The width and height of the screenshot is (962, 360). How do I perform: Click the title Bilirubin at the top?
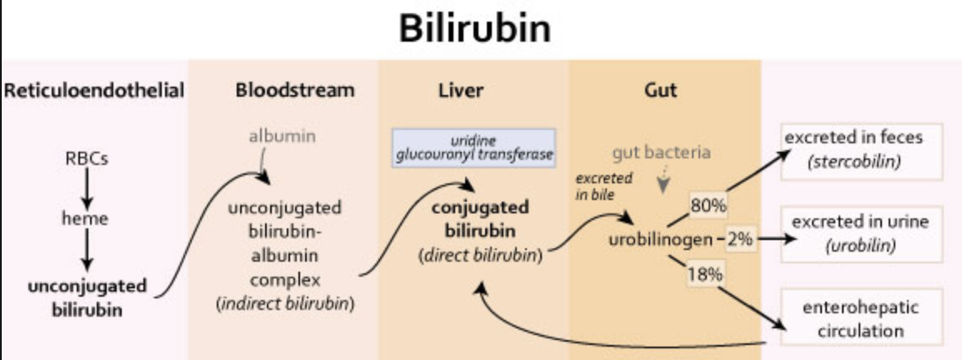pyautogui.click(x=475, y=28)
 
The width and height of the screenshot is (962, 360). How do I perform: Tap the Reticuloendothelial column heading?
pyautogui.click(x=94, y=90)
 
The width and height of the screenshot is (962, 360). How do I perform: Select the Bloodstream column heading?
pyautogui.click(x=283, y=90)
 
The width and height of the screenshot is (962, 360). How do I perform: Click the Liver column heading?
pyautogui.click(x=462, y=90)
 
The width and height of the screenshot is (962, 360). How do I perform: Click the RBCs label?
pyautogui.click(x=87, y=159)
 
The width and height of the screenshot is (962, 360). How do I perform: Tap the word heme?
pyautogui.click(x=85, y=219)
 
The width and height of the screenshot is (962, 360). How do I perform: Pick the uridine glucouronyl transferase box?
pyautogui.click(x=474, y=147)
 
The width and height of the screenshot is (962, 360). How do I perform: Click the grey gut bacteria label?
pyautogui.click(x=661, y=152)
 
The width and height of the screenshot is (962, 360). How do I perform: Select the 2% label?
pyautogui.click(x=739, y=239)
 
